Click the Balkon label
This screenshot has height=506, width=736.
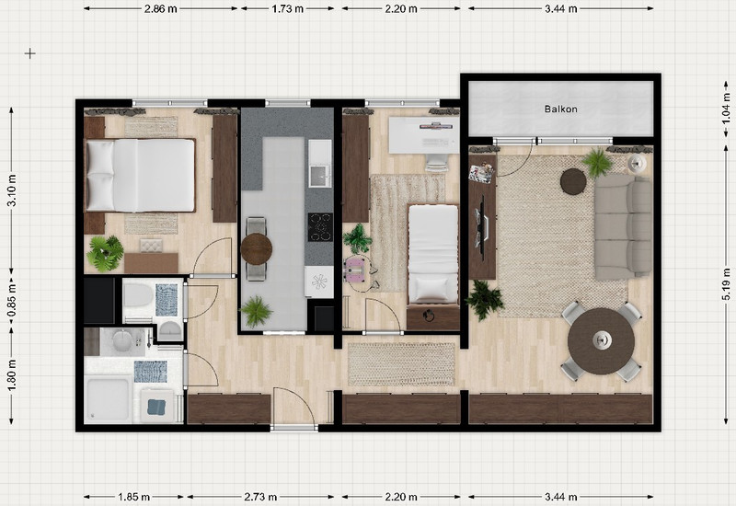[560, 109]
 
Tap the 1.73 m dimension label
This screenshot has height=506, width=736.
[287, 8]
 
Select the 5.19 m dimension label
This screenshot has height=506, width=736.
[726, 283]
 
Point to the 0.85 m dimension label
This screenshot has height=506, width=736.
[12, 301]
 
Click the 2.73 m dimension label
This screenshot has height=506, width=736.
[260, 497]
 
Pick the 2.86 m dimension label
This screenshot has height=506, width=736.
[160, 8]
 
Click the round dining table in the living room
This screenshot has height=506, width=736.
[602, 341]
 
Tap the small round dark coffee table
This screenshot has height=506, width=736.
[573, 181]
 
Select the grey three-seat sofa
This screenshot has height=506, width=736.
[623, 227]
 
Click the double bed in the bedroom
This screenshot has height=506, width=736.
[140, 175]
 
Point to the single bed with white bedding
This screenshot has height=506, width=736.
[432, 254]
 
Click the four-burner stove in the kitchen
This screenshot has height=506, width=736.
[320, 227]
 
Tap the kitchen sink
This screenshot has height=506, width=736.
[320, 176]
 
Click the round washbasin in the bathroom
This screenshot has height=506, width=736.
[123, 340]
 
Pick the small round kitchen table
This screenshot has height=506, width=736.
[257, 248]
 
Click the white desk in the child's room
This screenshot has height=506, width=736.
[424, 134]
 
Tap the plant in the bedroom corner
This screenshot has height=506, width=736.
[105, 254]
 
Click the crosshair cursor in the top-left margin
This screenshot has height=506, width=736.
[30, 53]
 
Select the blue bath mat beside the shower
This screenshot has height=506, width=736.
[150, 372]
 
